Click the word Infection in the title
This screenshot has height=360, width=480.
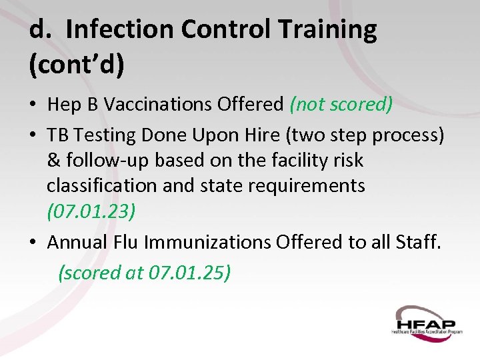[119, 30]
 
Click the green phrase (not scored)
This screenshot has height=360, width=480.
[341, 105]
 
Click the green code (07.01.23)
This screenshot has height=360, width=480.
[91, 211]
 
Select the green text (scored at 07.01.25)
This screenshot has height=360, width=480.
[145, 273]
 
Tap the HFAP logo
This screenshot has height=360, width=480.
[426, 321]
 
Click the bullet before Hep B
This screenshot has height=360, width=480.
[33, 105]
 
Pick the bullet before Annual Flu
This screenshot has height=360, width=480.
[33, 243]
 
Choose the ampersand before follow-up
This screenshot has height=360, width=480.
[53, 161]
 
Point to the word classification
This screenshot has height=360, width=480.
[102, 185]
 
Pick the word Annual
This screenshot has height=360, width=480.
[75, 242]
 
